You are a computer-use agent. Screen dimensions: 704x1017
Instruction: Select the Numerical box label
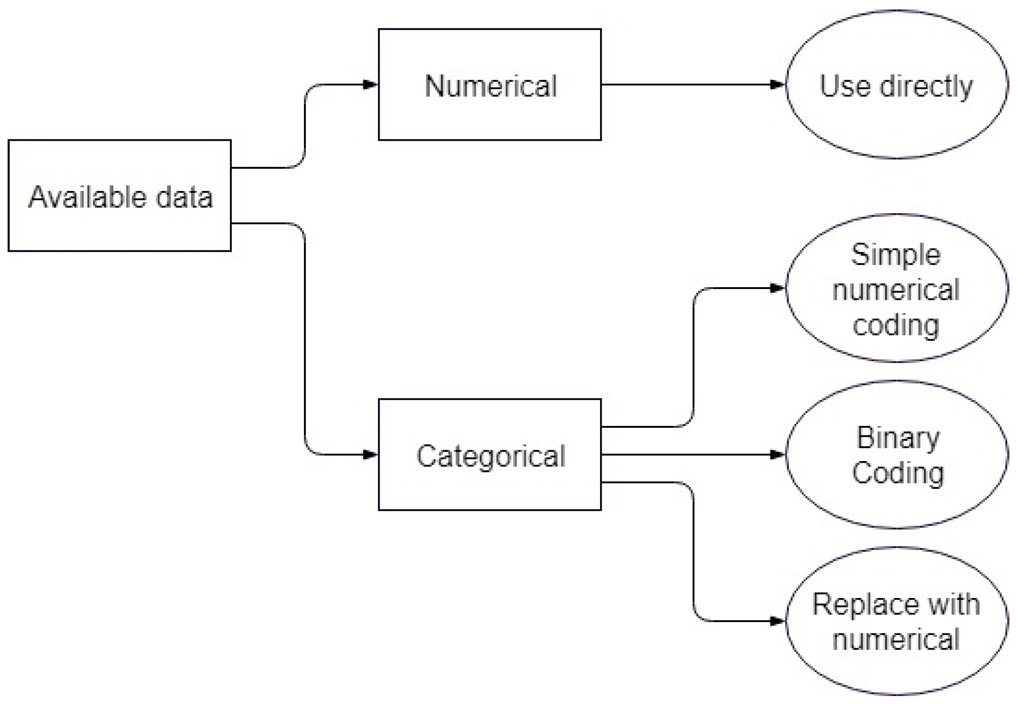point(490,86)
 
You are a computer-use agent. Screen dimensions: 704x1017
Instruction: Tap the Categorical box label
point(491,456)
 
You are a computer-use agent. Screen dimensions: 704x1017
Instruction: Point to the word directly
point(926,86)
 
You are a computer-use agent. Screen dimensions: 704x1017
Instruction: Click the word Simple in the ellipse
point(896,255)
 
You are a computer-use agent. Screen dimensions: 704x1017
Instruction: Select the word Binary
point(898,438)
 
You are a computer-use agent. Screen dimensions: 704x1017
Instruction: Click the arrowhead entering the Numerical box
point(370,84)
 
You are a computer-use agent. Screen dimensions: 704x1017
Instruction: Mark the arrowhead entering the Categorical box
point(370,454)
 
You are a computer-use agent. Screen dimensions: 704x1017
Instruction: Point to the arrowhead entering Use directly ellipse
point(777,84)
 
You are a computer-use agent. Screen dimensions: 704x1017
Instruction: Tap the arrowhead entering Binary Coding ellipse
point(777,454)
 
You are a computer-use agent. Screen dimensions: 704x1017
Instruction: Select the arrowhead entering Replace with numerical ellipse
point(777,621)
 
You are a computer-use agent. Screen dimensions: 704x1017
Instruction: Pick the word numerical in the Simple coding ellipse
point(896,290)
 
